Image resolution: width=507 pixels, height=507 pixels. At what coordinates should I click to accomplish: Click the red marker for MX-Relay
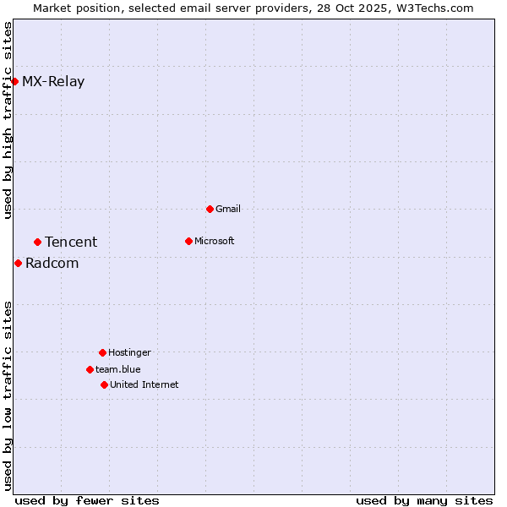click(x=14, y=81)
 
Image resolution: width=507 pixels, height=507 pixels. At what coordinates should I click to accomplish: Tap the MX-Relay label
click(x=53, y=82)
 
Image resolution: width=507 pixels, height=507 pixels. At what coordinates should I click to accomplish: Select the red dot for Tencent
click(x=37, y=242)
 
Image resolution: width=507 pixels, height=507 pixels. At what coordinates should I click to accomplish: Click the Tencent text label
click(x=71, y=243)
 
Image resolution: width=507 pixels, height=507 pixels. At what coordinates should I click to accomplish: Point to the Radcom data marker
click(x=18, y=263)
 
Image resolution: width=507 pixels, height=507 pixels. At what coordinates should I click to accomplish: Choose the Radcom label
click(x=52, y=264)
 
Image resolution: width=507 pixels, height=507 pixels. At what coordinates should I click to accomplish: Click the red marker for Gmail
click(x=210, y=209)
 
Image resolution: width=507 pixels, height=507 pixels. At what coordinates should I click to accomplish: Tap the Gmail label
click(x=228, y=210)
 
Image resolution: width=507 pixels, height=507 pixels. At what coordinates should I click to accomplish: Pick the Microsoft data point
click(x=188, y=241)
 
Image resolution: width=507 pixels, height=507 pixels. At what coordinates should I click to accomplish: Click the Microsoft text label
click(x=215, y=242)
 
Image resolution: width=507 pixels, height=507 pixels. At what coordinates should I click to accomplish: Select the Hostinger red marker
click(x=102, y=352)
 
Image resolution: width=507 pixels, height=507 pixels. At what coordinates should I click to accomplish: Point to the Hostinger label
click(x=129, y=353)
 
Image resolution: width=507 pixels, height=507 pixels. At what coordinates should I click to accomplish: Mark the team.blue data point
click(x=90, y=369)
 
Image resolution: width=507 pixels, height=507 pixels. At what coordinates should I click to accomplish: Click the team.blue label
click(x=118, y=370)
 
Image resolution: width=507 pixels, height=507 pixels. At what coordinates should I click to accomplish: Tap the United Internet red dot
click(x=104, y=384)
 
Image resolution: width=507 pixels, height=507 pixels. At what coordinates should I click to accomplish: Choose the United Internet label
click(x=144, y=385)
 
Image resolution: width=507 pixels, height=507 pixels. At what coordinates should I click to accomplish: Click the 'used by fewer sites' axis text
click(x=87, y=500)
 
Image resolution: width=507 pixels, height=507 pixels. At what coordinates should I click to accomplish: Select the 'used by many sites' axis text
click(x=424, y=500)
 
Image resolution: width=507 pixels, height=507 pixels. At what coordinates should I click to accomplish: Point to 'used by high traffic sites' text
click(x=8, y=120)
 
